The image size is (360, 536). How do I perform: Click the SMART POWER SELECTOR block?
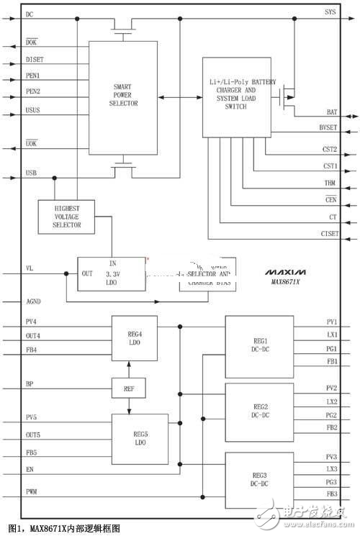tap(122, 98)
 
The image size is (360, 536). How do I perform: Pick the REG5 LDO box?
tap(139, 438)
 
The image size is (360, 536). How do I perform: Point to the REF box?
tap(128, 389)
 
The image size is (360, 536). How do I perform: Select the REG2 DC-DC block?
tap(258, 412)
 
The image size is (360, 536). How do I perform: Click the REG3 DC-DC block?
tap(258, 480)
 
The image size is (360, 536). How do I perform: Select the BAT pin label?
tap(331, 113)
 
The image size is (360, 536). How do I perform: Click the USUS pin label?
tap(32, 112)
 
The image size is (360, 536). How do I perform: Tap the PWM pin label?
tap(32, 491)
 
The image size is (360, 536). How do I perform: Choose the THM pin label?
tap(330, 183)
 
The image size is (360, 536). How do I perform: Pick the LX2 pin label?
tap(331, 401)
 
